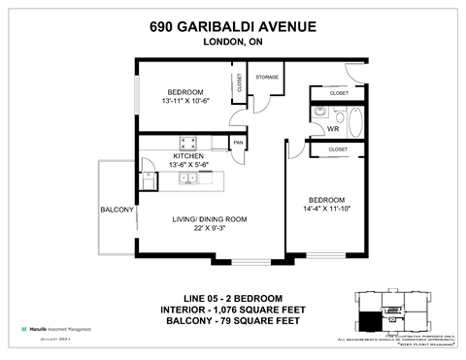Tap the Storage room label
click(267, 77)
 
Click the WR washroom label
click(332, 128)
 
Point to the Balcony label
click(116, 210)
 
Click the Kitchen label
click(187, 155)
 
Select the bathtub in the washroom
click(354, 122)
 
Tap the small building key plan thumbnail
click(390, 311)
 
